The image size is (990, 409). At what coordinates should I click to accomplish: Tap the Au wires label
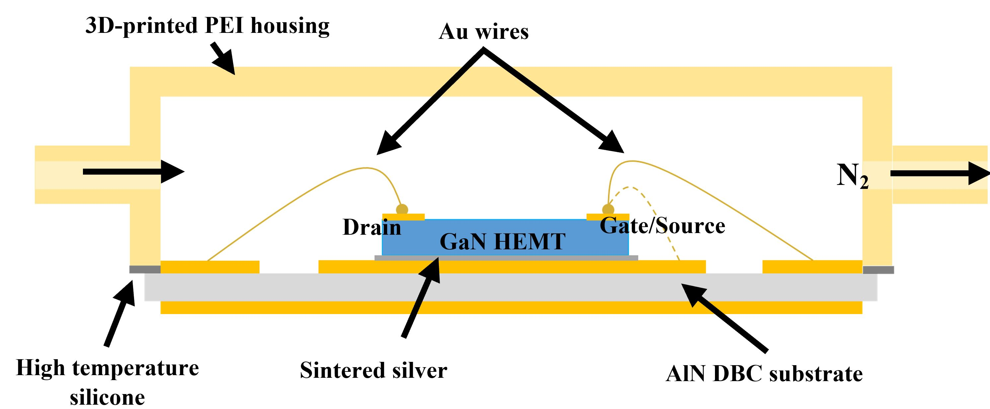point(483,32)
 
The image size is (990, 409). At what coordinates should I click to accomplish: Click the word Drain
point(372,227)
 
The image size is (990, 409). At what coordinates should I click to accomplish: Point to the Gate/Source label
point(662,226)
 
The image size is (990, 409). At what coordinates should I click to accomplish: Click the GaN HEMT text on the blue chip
point(502,242)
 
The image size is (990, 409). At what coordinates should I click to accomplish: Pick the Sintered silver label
point(373,370)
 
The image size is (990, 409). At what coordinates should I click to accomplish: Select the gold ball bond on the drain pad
point(402,209)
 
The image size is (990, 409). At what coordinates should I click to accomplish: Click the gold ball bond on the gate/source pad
point(608,209)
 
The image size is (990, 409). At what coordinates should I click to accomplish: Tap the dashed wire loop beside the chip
point(653,211)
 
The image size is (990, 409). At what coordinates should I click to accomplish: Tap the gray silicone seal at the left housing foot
point(145,270)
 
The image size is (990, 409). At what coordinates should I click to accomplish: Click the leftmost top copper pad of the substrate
point(209,267)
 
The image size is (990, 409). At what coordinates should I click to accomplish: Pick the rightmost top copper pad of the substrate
point(812,267)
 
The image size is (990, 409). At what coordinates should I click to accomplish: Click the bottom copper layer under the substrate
point(511,307)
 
